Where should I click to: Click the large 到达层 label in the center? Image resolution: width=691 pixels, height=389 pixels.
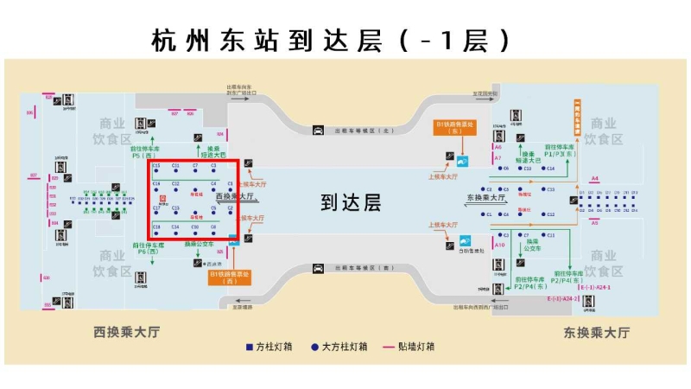(x=351, y=202)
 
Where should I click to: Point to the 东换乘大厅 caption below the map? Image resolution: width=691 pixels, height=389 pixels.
(x=596, y=332)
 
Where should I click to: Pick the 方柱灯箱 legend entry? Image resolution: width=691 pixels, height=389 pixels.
(x=269, y=347)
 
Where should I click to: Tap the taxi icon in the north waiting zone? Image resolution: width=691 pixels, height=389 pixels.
(x=318, y=131)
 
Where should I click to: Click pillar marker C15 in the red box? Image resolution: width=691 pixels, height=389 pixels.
(x=156, y=165)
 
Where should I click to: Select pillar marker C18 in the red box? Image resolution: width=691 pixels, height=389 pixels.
(x=156, y=226)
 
